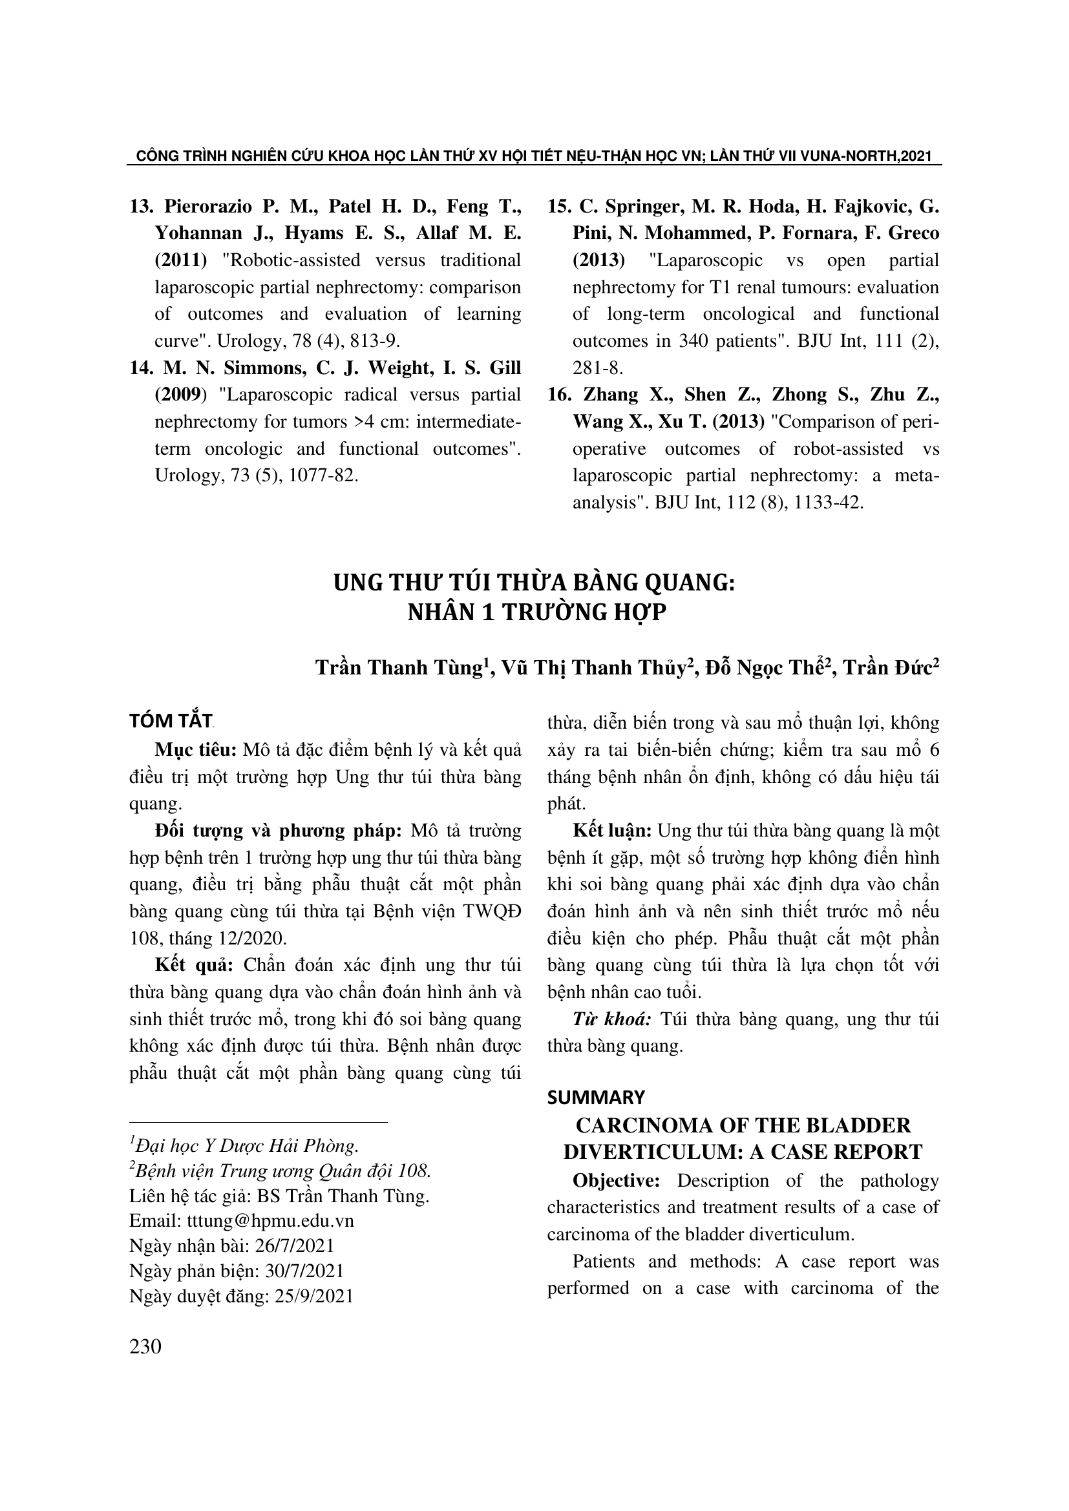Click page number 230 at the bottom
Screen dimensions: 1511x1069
point(145,1347)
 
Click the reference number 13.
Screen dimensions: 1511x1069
point(141,207)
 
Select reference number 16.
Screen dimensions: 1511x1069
point(559,395)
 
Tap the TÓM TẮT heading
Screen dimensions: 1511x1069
point(171,722)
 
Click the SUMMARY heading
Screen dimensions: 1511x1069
point(596,1098)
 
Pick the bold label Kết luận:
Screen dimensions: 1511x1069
point(612,831)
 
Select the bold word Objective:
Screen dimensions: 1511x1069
point(616,1181)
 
